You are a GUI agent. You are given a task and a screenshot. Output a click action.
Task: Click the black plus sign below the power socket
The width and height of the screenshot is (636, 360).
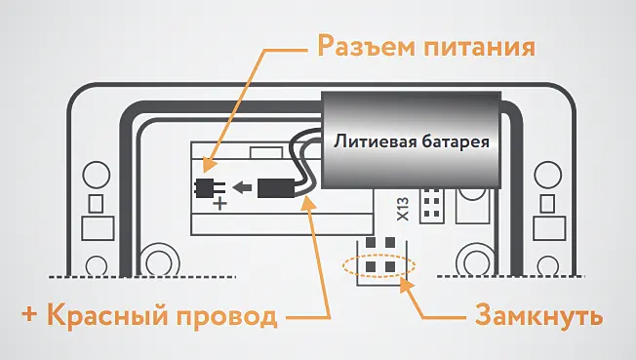click(219, 203)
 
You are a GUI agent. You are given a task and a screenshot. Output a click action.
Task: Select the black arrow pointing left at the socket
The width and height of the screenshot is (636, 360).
click(243, 186)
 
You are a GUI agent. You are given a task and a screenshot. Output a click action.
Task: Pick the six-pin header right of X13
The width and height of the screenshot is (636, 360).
click(430, 204)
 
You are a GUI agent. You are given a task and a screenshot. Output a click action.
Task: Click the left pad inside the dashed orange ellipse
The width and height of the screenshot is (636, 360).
click(370, 263)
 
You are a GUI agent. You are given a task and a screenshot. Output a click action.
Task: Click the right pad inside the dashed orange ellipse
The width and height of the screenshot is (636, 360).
click(389, 263)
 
